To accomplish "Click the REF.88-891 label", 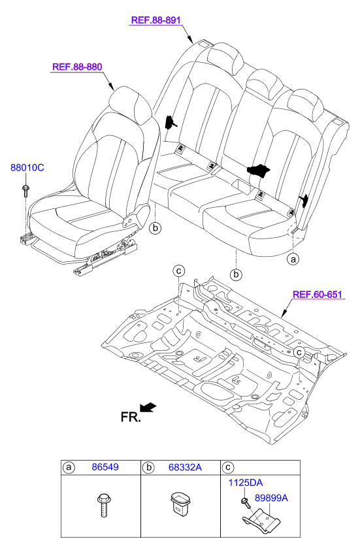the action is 155,20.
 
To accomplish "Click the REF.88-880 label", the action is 77,67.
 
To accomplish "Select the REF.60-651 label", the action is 318,294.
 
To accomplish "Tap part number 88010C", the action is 27,167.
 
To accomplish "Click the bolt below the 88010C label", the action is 25,191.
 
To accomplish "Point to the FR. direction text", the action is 131,417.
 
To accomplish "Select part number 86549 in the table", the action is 105,467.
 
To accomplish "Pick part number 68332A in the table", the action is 185,467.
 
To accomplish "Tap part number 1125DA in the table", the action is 245,483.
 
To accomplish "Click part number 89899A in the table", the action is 271,498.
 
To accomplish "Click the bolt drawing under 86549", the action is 103,506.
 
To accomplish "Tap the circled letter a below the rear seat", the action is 293,259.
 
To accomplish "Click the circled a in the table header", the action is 69,468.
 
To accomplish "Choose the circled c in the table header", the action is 228,468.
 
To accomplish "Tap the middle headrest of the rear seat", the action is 265,84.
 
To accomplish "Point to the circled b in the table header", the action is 148,468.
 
